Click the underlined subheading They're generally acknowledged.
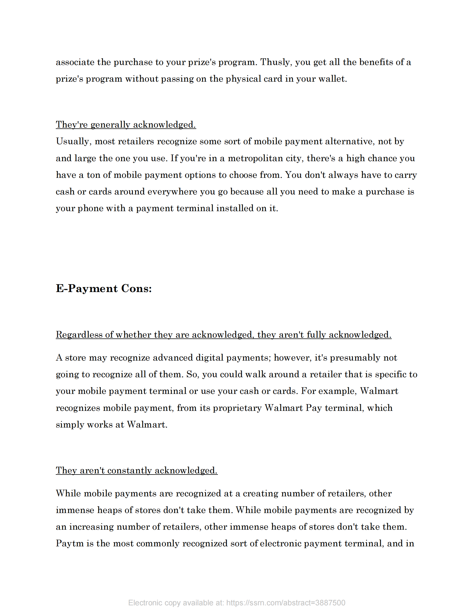126,125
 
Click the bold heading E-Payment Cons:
104,288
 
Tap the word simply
70,425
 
